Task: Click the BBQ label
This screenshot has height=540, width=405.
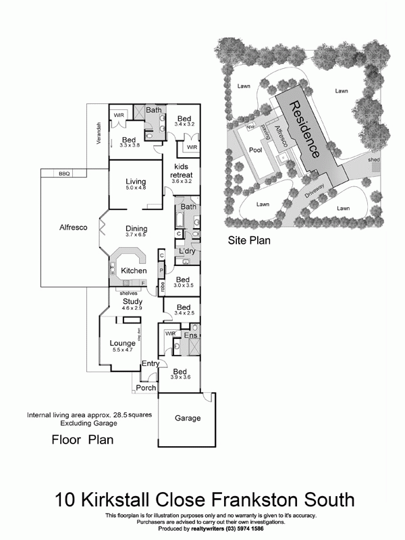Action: point(65,173)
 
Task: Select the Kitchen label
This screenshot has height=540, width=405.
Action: point(134,271)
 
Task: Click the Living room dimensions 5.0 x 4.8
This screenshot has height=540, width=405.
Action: point(136,188)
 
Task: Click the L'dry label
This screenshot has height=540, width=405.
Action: point(187,252)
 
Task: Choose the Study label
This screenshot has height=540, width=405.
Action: point(132,301)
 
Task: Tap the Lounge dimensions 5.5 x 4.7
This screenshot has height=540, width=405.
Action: point(123,350)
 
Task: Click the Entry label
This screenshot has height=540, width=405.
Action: point(150,364)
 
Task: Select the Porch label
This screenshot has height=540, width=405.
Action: point(146,387)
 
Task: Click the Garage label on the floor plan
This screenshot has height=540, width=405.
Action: point(188,418)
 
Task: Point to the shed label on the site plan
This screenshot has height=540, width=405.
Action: point(374,160)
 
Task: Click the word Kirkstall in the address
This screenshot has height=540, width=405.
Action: point(130,500)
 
